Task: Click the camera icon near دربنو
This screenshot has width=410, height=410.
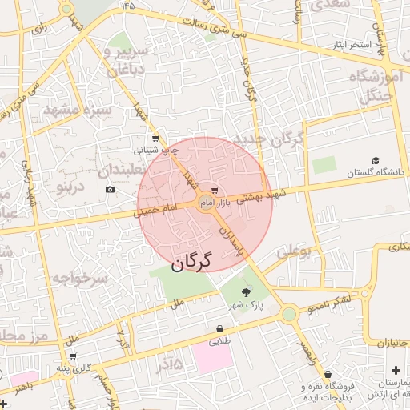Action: [110, 189]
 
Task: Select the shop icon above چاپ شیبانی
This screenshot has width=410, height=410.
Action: [155, 139]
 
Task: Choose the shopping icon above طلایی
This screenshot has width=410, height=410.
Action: [219, 328]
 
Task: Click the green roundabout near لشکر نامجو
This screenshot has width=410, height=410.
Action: [288, 315]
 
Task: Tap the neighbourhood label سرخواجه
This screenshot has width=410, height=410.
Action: [79, 279]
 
